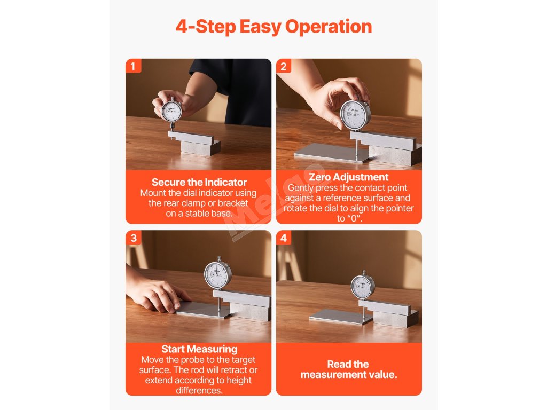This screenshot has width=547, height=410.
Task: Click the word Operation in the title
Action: click(329, 27)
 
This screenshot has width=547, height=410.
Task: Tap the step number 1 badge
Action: click(133, 66)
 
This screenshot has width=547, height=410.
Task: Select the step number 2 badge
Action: click(284, 66)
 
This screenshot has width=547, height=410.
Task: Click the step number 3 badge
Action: click(133, 238)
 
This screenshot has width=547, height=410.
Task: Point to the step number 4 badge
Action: click(284, 238)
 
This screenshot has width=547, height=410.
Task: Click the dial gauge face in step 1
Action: click(171, 111)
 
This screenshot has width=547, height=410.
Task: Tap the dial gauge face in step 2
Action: click(355, 115)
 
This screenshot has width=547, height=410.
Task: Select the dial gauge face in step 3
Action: click(218, 274)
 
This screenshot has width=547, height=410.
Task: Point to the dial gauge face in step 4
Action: click(363, 286)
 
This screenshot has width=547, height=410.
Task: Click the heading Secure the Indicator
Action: click(199, 182)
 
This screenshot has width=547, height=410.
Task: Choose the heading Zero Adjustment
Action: click(348, 177)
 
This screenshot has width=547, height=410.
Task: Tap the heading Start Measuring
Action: click(199, 349)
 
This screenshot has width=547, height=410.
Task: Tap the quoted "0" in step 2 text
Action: click(354, 218)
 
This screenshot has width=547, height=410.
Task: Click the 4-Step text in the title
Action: click(206, 27)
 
